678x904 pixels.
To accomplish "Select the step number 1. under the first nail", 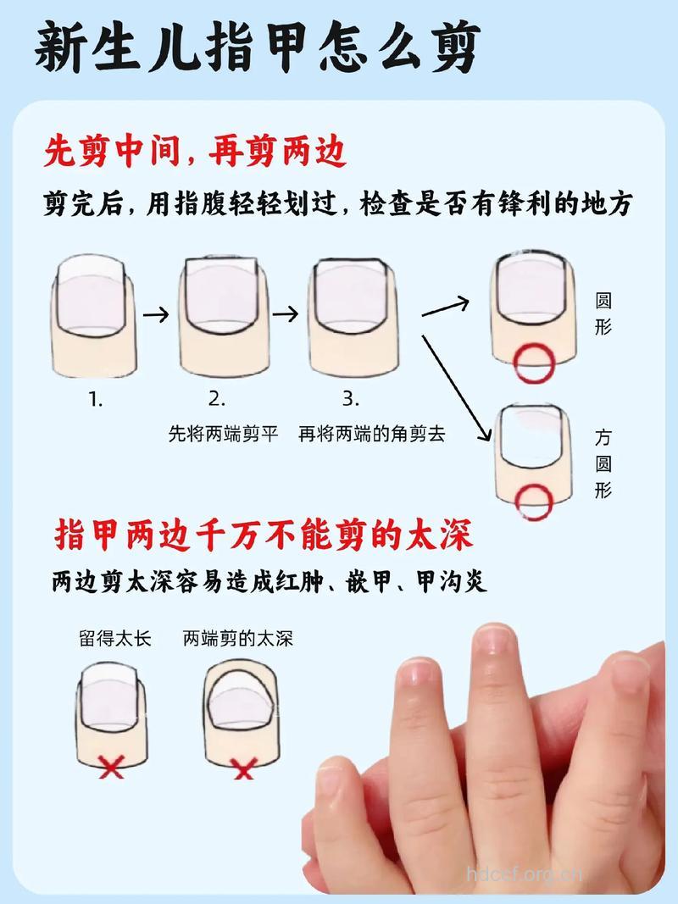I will pos(95,399).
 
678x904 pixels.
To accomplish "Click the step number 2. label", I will pos(217,399).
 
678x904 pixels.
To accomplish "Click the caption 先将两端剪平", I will pos(223,435).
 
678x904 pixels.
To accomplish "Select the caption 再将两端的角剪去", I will pos(371,435).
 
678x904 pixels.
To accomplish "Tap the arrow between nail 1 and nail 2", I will pos(155,314).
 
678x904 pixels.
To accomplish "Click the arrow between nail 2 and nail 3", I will pos(286,314).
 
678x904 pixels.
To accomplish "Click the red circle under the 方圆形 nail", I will pos(536,500).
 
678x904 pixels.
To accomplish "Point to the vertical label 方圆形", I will pos(603,463).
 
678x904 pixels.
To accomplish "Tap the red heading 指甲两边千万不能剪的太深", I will pos(264,535).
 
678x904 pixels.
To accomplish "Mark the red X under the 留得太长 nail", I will pos(111,768).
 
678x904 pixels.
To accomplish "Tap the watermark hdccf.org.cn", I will pos(525,873).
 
